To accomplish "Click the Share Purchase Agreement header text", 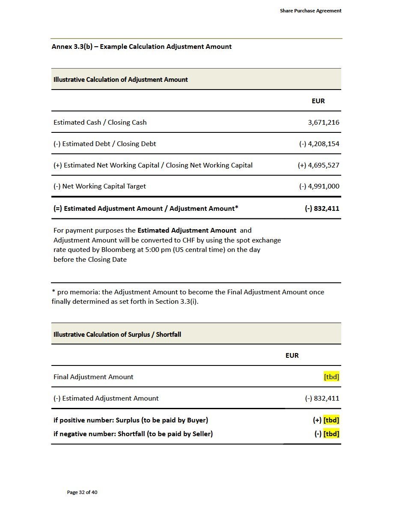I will click(x=310, y=11).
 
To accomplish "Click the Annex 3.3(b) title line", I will click(x=141, y=47).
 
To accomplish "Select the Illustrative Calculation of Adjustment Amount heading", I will click(x=120, y=80).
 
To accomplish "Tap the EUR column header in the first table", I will click(x=318, y=101).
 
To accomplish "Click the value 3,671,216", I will click(x=323, y=123).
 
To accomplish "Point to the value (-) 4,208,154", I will click(x=319, y=144).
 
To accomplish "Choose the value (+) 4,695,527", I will click(x=318, y=165).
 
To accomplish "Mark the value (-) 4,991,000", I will click(x=319, y=186).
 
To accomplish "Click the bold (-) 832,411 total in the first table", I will click(x=322, y=209).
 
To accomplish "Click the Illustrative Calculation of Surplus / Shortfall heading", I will click(x=117, y=335).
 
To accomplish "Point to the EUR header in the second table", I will click(x=292, y=356).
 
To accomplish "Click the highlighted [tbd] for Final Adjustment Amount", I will click(x=331, y=377).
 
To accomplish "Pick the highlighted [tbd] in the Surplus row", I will click(x=331, y=420).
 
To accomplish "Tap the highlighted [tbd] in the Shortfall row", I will click(x=331, y=434).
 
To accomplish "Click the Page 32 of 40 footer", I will click(x=82, y=492).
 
